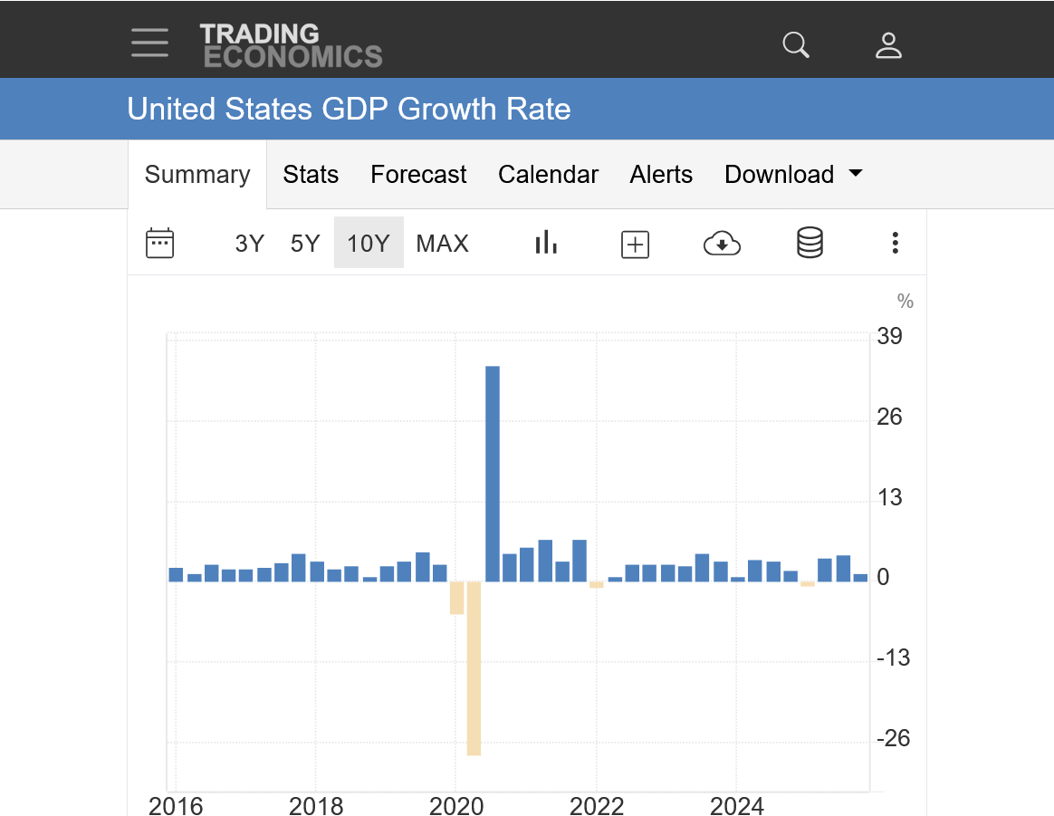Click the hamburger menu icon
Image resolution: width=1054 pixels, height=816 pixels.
click(149, 43)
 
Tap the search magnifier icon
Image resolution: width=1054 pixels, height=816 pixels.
click(796, 44)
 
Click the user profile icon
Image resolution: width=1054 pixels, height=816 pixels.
click(888, 44)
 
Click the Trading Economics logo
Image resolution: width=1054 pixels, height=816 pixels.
click(291, 45)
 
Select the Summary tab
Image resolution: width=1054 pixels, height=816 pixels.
click(197, 175)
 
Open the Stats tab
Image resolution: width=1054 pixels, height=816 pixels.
click(311, 175)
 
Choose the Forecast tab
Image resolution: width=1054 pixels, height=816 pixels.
click(418, 175)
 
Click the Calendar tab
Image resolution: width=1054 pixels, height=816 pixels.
click(548, 175)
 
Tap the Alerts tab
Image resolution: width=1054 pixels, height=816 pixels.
click(661, 175)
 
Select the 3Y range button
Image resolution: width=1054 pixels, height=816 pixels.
click(249, 244)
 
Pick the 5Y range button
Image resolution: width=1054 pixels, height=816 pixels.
click(305, 244)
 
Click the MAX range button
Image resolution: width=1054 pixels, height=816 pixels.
click(442, 244)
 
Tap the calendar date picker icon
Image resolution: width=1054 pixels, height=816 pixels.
click(159, 243)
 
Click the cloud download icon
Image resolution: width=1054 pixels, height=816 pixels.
click(722, 243)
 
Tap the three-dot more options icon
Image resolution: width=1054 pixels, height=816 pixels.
click(895, 243)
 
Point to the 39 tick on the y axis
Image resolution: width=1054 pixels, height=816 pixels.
click(889, 337)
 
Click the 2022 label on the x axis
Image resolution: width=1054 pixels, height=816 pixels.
click(597, 805)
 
